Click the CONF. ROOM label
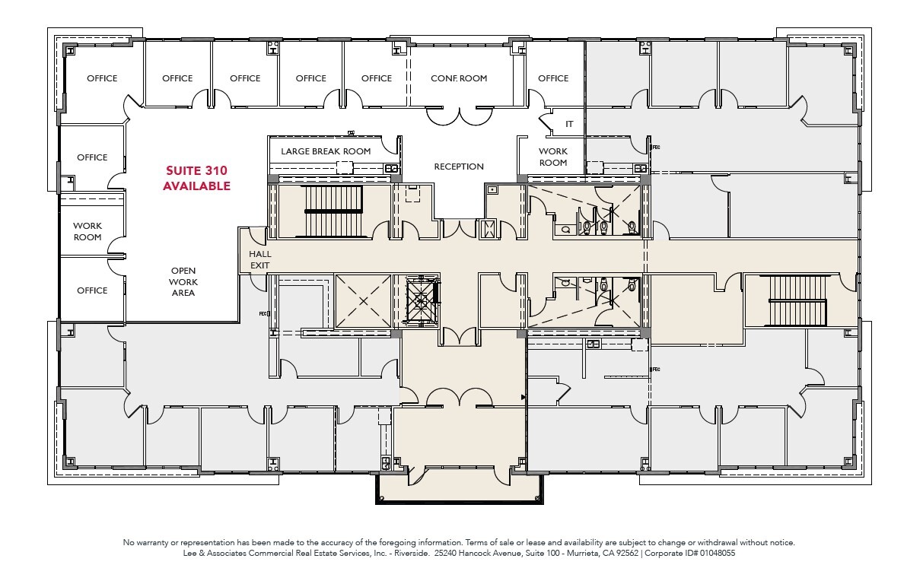(x=459, y=78)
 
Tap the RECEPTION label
(x=459, y=167)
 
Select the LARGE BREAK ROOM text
(x=326, y=151)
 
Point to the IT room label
(x=569, y=124)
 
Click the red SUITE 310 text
(x=196, y=170)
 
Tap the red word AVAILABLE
(x=196, y=186)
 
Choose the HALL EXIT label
(x=259, y=259)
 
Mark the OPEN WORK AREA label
(x=183, y=281)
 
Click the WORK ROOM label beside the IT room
(x=553, y=157)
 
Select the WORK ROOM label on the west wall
(x=88, y=231)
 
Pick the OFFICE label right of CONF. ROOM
(x=553, y=78)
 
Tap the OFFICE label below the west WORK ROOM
(x=92, y=290)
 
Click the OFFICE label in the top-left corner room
(x=102, y=78)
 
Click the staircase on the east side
(x=797, y=300)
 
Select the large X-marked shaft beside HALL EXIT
(x=362, y=301)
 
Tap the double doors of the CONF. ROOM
(x=459, y=116)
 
